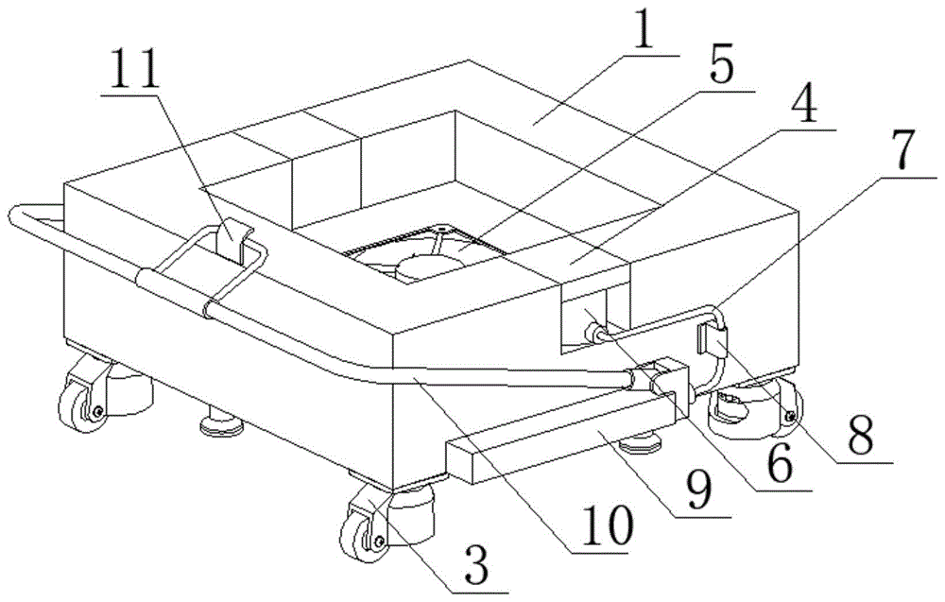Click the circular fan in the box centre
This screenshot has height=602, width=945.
click(x=430, y=266)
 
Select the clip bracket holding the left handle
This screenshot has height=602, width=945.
click(x=233, y=241)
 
